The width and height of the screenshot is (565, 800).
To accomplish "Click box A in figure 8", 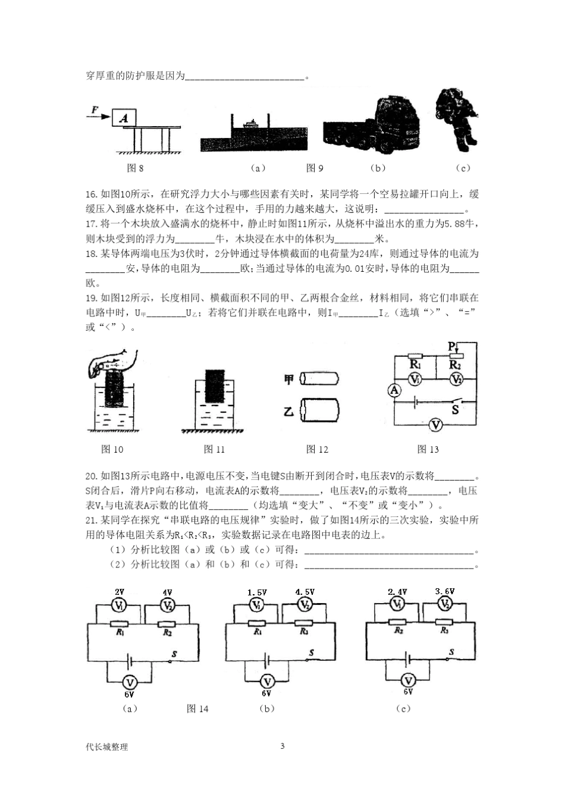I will [124, 118].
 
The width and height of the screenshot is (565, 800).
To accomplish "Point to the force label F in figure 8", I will [95, 109].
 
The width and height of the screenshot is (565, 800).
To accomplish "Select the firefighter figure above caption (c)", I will [457, 117].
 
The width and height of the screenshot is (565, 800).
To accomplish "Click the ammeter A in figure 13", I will [394, 390].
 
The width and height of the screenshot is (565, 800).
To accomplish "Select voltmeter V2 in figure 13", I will [456, 379].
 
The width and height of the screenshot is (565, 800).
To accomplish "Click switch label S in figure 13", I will [456, 410].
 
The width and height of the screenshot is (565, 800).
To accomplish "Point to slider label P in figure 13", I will [452, 346].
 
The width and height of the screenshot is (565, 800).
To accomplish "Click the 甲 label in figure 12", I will [289, 379].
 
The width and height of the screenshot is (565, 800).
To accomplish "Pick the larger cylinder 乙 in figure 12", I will [319, 411].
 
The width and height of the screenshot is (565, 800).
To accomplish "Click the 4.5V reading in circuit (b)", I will [305, 592].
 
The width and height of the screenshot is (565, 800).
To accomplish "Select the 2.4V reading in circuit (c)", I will [397, 592].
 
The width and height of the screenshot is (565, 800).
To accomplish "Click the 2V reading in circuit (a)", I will [120, 592].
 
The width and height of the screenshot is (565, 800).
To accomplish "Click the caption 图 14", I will [197, 708].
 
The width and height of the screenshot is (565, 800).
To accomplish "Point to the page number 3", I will [282, 746].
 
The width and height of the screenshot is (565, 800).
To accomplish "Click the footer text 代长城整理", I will [107, 746].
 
